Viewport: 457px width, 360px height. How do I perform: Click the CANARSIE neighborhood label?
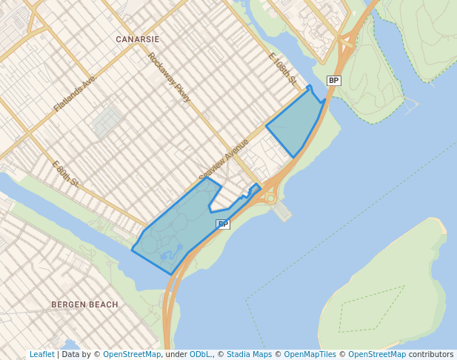[137, 38]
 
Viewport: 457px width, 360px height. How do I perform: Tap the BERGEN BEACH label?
[84, 304]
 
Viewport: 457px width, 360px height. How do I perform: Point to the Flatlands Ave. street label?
[75, 93]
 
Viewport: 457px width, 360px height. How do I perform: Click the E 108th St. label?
[282, 69]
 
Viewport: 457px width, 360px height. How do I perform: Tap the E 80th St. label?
[66, 173]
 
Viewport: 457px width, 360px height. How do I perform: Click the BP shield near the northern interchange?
[333, 80]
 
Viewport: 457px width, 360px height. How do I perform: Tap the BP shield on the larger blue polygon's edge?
[222, 224]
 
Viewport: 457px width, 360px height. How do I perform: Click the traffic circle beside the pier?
[271, 198]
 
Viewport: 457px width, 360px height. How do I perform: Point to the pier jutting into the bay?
[282, 213]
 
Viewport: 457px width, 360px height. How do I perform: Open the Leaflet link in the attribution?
[41, 355]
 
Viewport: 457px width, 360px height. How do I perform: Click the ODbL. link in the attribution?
[200, 355]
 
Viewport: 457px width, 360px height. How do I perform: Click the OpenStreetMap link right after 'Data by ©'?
[132, 355]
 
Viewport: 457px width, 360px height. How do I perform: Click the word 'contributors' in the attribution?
[431, 355]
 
